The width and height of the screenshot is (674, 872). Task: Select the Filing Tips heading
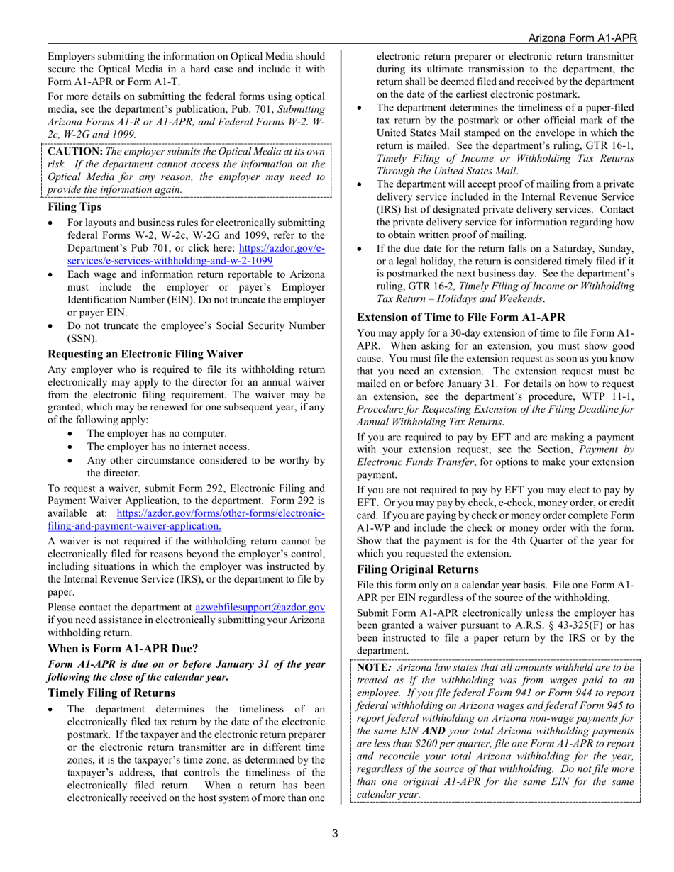[74, 207]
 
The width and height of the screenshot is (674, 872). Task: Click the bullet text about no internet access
[168, 447]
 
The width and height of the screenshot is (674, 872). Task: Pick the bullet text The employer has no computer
[157, 433]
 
